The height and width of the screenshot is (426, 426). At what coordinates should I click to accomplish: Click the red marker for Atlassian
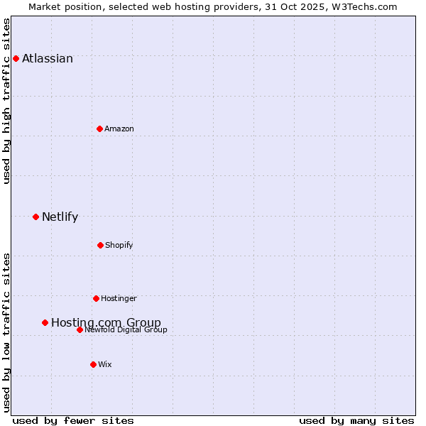16,58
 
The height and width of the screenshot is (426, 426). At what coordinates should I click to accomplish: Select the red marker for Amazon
99,129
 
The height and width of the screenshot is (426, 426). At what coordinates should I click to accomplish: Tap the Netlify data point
35,217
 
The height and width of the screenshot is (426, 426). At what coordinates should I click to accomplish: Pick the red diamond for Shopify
100,245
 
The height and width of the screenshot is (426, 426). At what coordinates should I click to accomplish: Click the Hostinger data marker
96,298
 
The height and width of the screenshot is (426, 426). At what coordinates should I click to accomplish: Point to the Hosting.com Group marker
45,322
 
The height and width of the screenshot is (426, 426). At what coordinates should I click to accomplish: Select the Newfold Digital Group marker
80,329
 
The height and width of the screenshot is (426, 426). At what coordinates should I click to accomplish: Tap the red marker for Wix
93,364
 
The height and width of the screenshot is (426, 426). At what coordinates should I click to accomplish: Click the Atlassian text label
48,59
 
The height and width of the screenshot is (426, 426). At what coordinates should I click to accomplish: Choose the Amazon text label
119,129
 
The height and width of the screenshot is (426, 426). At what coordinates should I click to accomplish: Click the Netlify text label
60,217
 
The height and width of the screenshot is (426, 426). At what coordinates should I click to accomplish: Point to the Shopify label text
119,245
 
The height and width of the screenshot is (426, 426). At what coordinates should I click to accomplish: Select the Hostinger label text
119,298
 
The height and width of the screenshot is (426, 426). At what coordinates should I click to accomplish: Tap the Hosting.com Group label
106,323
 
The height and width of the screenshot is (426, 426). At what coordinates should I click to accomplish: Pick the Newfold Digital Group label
126,329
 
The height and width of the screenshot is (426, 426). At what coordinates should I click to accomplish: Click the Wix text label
105,364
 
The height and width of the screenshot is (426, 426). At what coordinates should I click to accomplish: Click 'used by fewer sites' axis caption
73,420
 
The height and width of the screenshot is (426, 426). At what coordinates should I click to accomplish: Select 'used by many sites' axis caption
356,420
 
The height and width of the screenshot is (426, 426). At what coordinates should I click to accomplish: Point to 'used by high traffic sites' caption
7,101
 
